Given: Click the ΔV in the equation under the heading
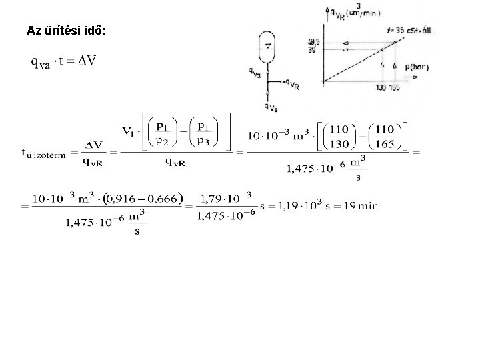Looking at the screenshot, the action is tap(82, 61).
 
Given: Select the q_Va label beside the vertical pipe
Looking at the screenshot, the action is tap(255, 73).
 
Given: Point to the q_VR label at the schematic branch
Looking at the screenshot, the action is tap(291, 85).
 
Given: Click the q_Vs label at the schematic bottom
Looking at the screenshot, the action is tap(273, 106).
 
